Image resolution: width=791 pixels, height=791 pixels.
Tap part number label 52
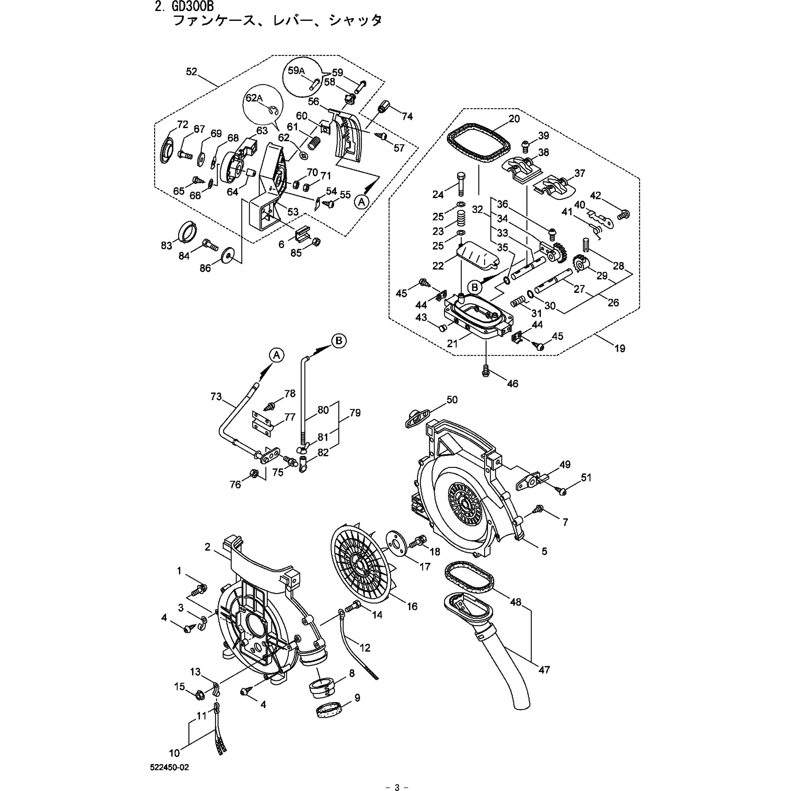[x=192, y=72]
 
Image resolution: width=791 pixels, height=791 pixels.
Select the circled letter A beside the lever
[x=361, y=201]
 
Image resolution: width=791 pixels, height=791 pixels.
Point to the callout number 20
[x=514, y=119]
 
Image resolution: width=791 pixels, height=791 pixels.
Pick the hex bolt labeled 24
[x=460, y=184]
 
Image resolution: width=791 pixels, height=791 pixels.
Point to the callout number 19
[x=620, y=348]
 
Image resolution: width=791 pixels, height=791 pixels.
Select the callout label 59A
[x=296, y=70]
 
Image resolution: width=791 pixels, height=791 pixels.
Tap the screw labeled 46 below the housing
[x=486, y=370]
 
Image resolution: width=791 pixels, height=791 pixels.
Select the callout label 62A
[x=254, y=98]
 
